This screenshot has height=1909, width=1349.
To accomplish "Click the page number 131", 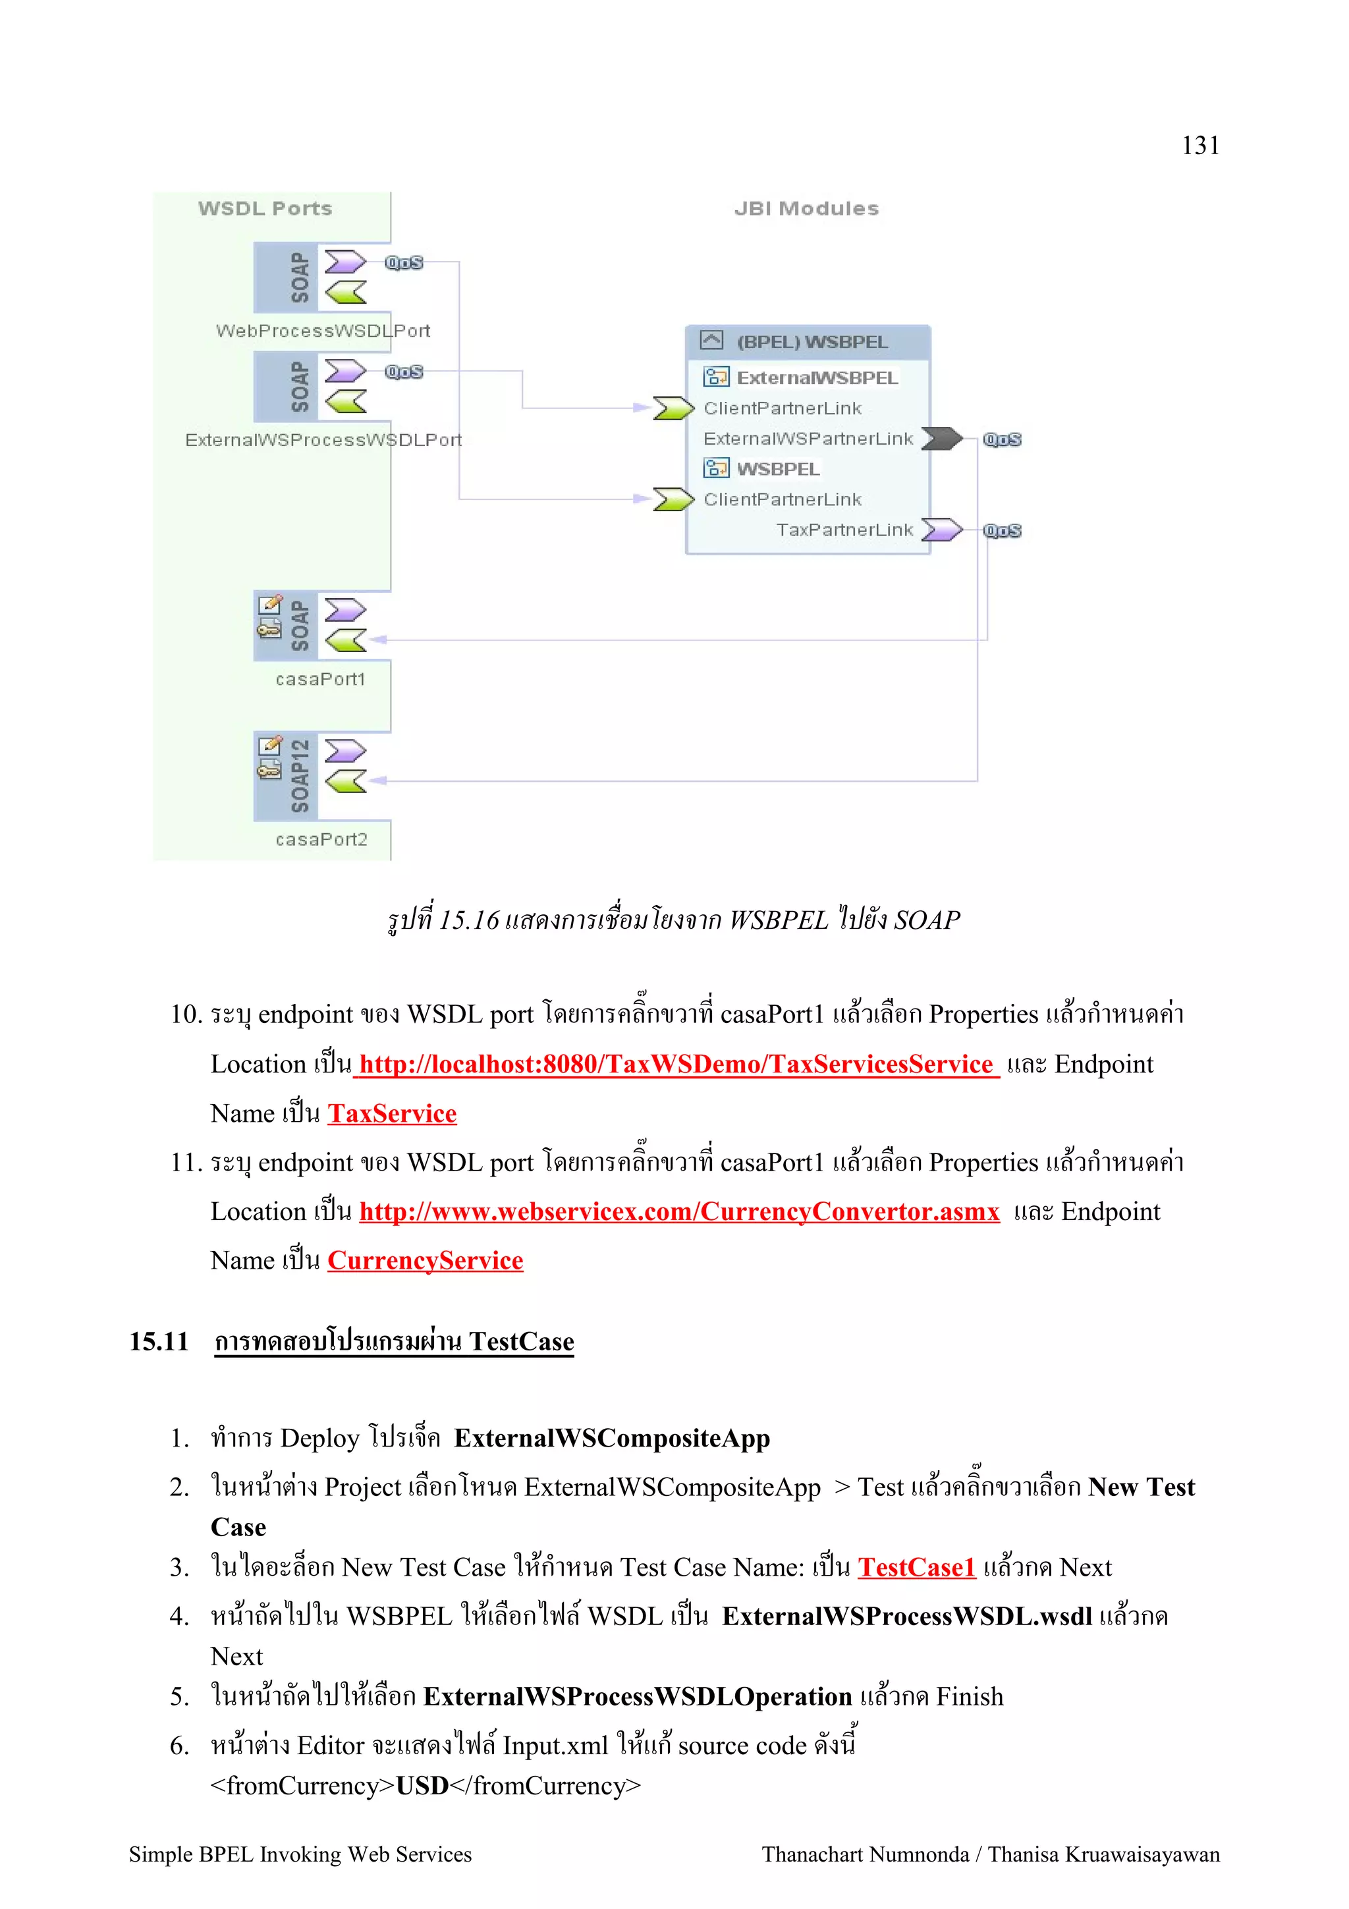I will (1200, 146).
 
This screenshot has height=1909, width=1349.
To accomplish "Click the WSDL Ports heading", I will (265, 209).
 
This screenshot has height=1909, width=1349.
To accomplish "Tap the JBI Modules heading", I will (806, 209).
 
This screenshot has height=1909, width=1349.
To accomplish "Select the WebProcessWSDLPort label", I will (323, 331).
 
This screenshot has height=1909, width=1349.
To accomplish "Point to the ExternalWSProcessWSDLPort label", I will (323, 440).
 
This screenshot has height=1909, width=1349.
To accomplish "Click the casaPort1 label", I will (320, 679).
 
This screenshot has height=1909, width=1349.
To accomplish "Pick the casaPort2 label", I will (321, 840).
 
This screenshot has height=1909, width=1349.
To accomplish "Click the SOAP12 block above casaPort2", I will (299, 776).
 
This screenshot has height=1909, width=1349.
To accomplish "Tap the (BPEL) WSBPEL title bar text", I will (812, 342).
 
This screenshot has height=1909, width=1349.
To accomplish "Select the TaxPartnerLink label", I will (844, 530).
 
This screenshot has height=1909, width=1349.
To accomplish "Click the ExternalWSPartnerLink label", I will (808, 438).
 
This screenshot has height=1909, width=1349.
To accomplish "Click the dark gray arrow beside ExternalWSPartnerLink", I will (941, 438).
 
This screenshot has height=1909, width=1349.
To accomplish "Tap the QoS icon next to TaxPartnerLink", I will (1002, 530).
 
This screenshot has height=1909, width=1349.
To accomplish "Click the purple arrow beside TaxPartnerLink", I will (941, 530).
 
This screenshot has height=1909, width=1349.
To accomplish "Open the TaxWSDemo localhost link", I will (676, 1065).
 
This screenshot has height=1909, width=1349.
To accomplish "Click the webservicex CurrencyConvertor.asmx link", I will (679, 1211).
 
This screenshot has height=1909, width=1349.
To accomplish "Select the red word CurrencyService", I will (425, 1260).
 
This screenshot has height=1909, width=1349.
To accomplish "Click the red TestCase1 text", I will (916, 1567).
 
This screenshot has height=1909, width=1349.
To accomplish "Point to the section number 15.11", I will (159, 1341).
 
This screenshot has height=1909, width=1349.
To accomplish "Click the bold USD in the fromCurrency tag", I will (422, 1785).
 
